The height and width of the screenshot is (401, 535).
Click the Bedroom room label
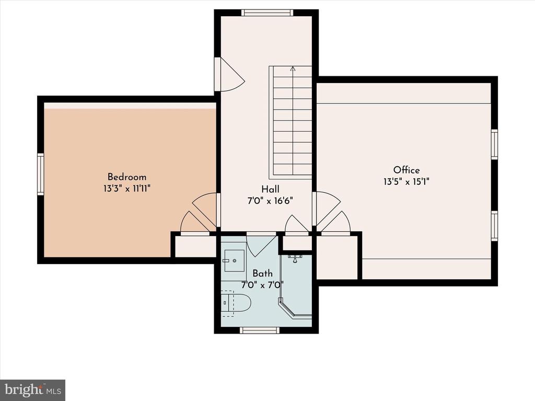(127, 177)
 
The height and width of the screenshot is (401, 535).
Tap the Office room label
(406, 170)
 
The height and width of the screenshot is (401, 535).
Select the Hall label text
(270, 189)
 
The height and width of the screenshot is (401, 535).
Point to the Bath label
(263, 274)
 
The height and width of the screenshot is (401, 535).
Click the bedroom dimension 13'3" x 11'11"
(127, 188)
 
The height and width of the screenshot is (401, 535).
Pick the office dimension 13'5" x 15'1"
(406, 181)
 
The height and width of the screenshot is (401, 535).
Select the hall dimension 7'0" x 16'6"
(270, 201)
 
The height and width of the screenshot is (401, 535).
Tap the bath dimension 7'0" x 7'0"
(263, 285)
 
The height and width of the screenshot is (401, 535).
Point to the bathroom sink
(235, 261)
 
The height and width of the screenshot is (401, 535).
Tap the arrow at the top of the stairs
(293, 68)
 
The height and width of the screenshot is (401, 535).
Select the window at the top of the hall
(267, 13)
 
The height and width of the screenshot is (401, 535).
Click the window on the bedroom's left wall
(41, 174)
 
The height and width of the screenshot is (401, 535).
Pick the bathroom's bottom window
(260, 330)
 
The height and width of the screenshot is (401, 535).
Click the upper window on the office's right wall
(494, 144)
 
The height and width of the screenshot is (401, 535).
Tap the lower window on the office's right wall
(494, 226)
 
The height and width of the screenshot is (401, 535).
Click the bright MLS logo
(33, 390)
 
